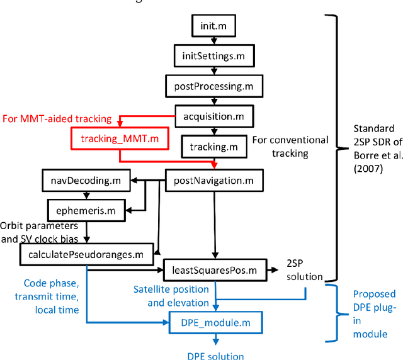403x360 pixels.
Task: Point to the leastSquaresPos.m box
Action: (x=215, y=269)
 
